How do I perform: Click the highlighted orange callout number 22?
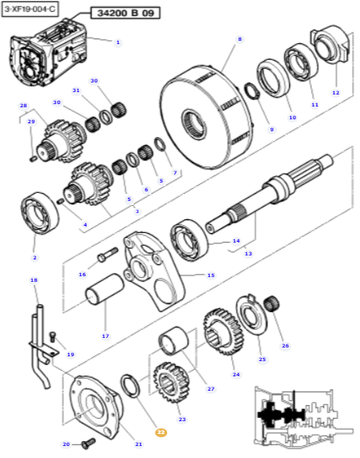[161, 432]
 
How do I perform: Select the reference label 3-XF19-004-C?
[29, 8]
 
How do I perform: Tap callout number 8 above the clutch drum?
[238, 38]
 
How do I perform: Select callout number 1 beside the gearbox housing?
[118, 42]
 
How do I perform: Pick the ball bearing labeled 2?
[35, 212]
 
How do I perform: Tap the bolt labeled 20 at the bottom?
[86, 440]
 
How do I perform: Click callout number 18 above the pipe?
[34, 280]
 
